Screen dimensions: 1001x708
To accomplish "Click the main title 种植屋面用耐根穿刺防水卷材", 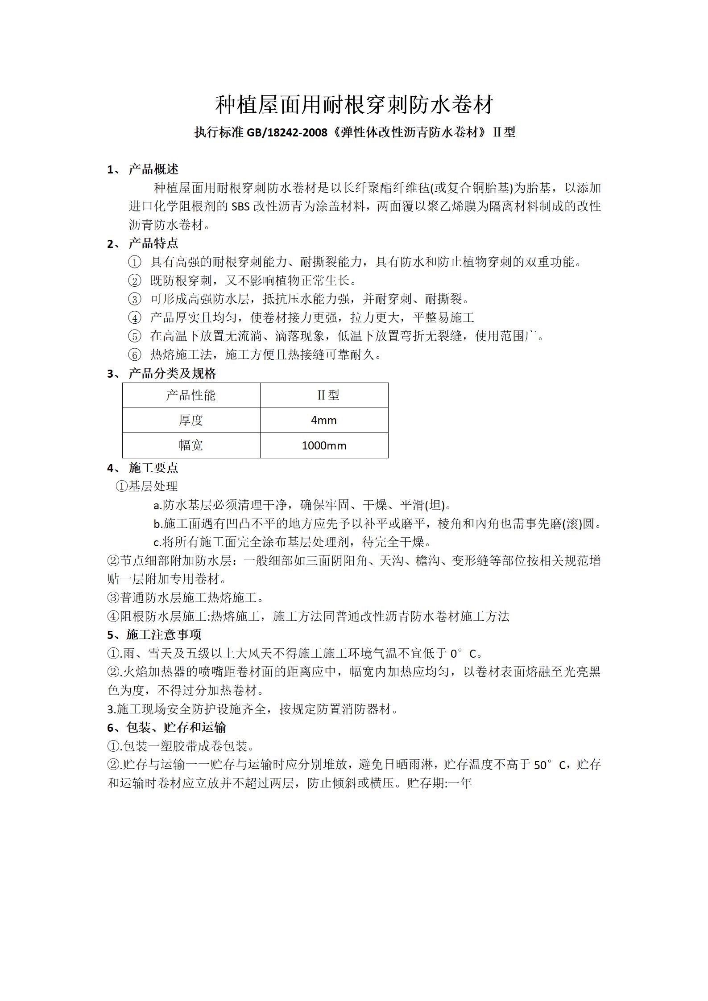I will coord(354,105).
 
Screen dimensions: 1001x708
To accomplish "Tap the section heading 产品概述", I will coord(153,169).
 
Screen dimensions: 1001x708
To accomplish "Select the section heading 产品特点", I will coord(153,243).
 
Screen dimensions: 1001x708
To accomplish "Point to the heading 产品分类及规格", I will coord(172,374).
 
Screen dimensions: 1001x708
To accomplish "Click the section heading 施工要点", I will coord(153,468).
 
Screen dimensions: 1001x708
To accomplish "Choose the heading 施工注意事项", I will coord(163,634).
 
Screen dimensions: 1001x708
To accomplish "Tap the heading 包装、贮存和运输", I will coord(176,728).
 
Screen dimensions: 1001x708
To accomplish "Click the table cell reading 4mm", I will coord(323,420).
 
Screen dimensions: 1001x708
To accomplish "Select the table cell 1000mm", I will coord(323,445).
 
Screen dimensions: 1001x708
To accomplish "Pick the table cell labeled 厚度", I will coord(190,420).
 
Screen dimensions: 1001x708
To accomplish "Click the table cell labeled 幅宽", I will coord(190,445).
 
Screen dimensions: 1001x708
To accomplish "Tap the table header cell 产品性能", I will coord(190,395).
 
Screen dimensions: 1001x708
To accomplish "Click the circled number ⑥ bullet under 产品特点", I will coord(134,355).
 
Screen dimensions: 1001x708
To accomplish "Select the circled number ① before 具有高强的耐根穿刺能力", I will coord(134,262).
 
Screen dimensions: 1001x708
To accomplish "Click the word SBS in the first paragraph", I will coord(241,206).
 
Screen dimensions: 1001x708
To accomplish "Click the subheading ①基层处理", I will coord(147,486).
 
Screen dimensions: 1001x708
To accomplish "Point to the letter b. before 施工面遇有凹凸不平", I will coord(157,524).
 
